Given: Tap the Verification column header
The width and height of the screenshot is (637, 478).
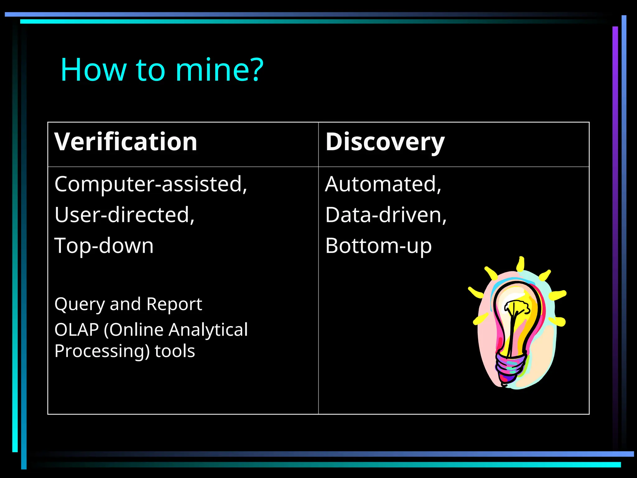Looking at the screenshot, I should coord(126,142).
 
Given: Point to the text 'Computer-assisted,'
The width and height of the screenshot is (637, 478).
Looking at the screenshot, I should coord(151,184).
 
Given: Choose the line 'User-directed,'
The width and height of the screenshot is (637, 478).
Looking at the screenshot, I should coord(124,215).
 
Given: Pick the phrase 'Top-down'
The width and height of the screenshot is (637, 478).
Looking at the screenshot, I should coord(104,246).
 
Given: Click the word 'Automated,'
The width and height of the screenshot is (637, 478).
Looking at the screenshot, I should coord(383,184).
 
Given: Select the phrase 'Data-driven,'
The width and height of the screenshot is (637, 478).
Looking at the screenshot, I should coord(386,215).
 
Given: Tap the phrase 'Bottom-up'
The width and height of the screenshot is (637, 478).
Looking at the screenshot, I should coord(378,246).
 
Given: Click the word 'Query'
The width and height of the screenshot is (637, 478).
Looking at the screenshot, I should coord(79,304).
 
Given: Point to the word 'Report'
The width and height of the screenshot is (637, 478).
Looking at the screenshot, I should coord(174,304).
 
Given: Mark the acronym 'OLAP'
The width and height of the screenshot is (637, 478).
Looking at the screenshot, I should coord(77,330).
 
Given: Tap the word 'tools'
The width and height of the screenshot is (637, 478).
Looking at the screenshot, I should coord(175,351).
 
